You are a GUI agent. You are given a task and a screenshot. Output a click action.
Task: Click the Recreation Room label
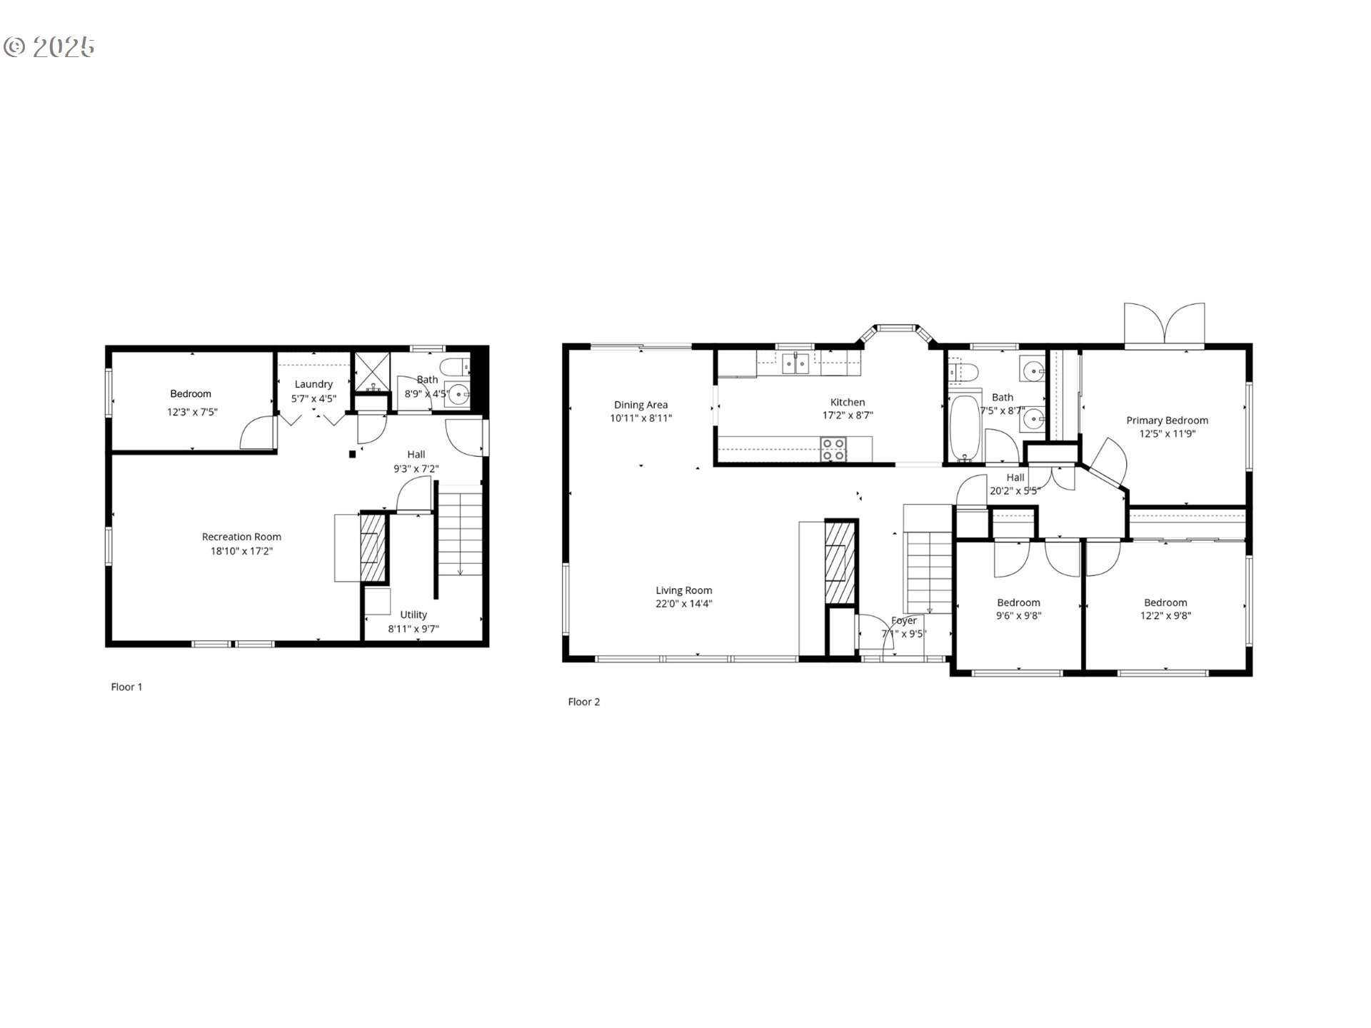click(241, 537)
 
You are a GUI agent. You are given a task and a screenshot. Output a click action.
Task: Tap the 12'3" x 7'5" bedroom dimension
click(192, 412)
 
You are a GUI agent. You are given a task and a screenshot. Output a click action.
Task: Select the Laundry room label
click(313, 384)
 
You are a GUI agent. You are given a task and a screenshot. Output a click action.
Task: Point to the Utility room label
click(413, 615)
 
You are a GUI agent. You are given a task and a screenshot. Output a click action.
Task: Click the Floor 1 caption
click(126, 687)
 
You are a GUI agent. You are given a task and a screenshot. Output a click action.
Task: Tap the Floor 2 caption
click(583, 702)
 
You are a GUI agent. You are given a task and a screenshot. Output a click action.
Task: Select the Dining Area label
click(641, 405)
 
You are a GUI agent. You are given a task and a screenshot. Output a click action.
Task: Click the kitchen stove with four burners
click(833, 449)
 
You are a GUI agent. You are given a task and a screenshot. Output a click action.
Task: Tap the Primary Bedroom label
click(1167, 420)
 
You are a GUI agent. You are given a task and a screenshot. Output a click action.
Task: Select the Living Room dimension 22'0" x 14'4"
click(683, 604)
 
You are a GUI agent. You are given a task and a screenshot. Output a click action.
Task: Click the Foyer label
click(903, 620)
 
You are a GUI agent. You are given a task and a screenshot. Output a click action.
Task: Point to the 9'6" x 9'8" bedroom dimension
click(1018, 615)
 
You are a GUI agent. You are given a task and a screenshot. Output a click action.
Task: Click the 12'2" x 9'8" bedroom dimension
click(1165, 615)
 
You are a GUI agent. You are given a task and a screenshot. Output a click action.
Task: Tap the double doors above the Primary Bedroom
click(1164, 326)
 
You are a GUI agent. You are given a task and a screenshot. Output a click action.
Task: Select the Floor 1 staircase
click(460, 532)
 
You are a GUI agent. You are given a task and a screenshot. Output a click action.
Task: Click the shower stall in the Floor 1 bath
click(373, 371)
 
